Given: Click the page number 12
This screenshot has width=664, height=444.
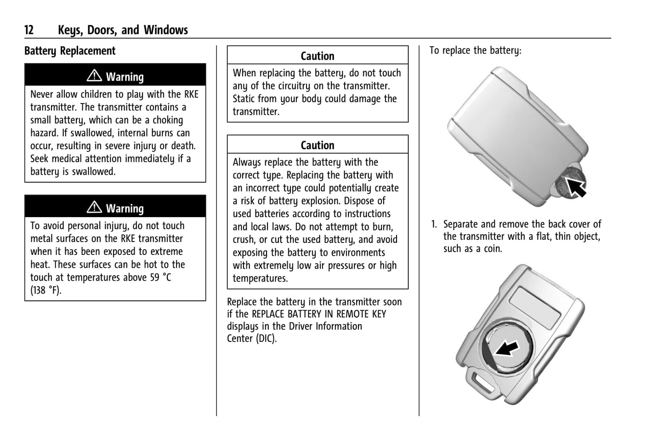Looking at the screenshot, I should [29, 30].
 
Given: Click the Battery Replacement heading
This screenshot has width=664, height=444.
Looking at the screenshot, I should [70, 51].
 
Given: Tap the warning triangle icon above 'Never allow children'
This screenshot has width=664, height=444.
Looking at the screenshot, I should [94, 75].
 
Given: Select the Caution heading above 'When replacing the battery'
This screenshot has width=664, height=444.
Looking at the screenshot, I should [318, 56].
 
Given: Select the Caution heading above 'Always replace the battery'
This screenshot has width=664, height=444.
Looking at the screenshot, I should [318, 145].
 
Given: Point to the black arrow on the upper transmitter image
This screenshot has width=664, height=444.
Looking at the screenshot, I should [574, 186].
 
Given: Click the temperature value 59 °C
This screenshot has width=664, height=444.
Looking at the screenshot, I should [160, 277].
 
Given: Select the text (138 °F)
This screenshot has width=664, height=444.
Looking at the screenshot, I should [46, 290].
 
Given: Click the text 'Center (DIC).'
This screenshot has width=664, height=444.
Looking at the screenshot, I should [252, 339].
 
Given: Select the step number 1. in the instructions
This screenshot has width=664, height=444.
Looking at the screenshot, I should [434, 225].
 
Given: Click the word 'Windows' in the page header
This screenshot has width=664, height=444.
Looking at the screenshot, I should [166, 30].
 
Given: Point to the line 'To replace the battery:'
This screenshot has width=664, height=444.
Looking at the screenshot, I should [475, 51].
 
